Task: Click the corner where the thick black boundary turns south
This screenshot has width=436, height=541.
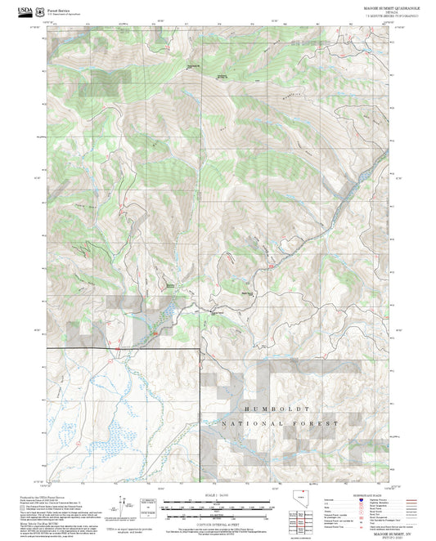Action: pos(200,349)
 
